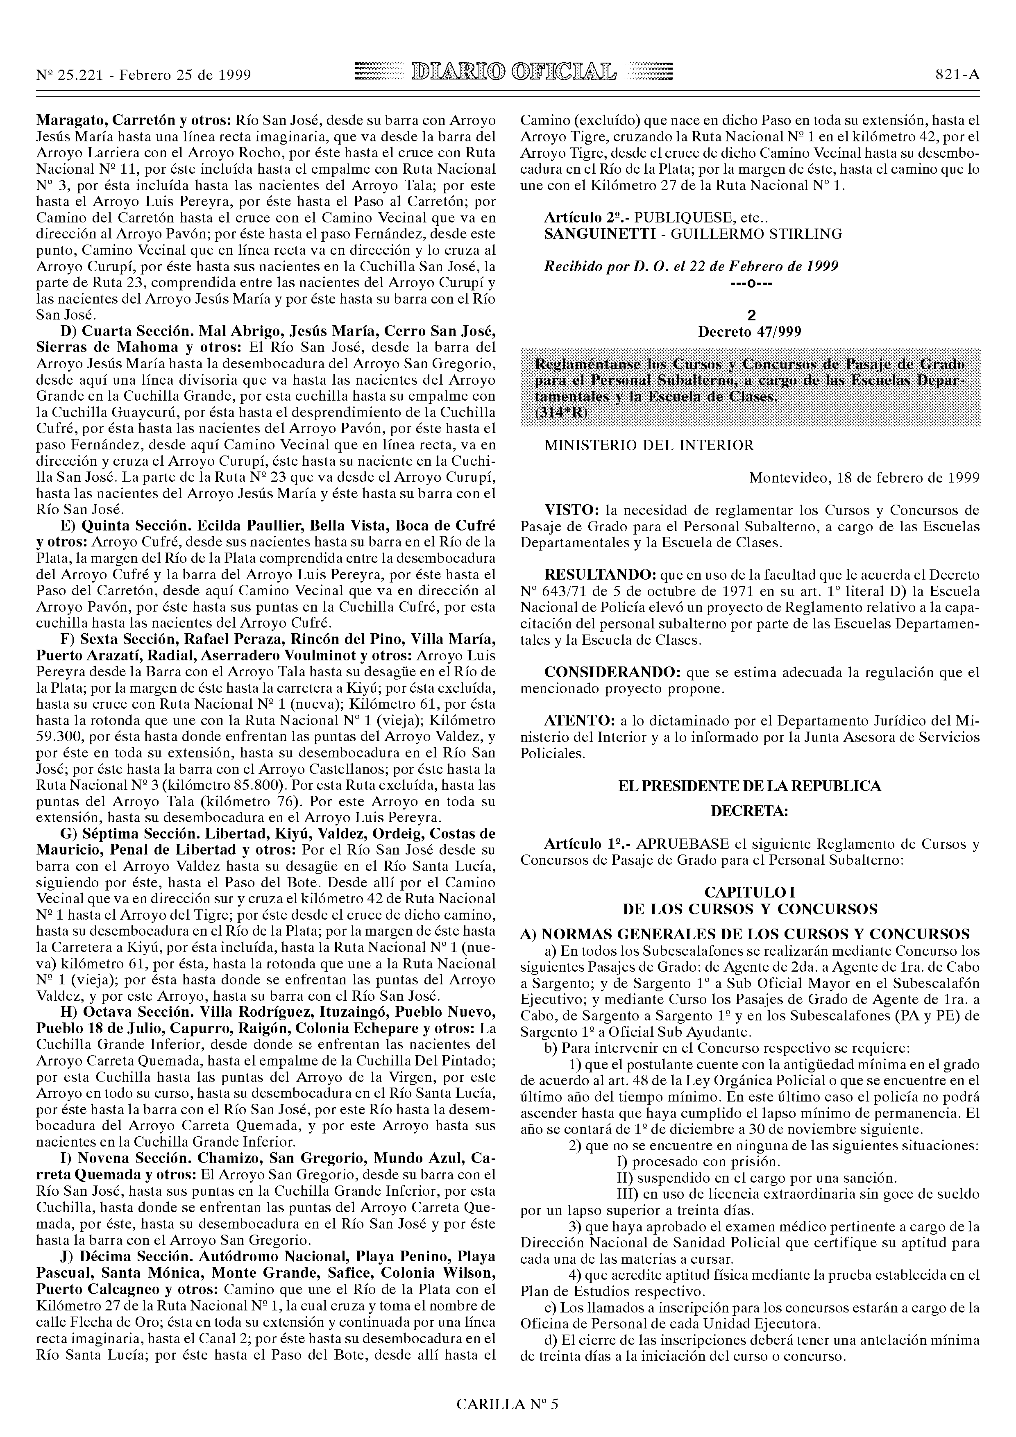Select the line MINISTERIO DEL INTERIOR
(649, 446)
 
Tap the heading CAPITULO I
(749, 892)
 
